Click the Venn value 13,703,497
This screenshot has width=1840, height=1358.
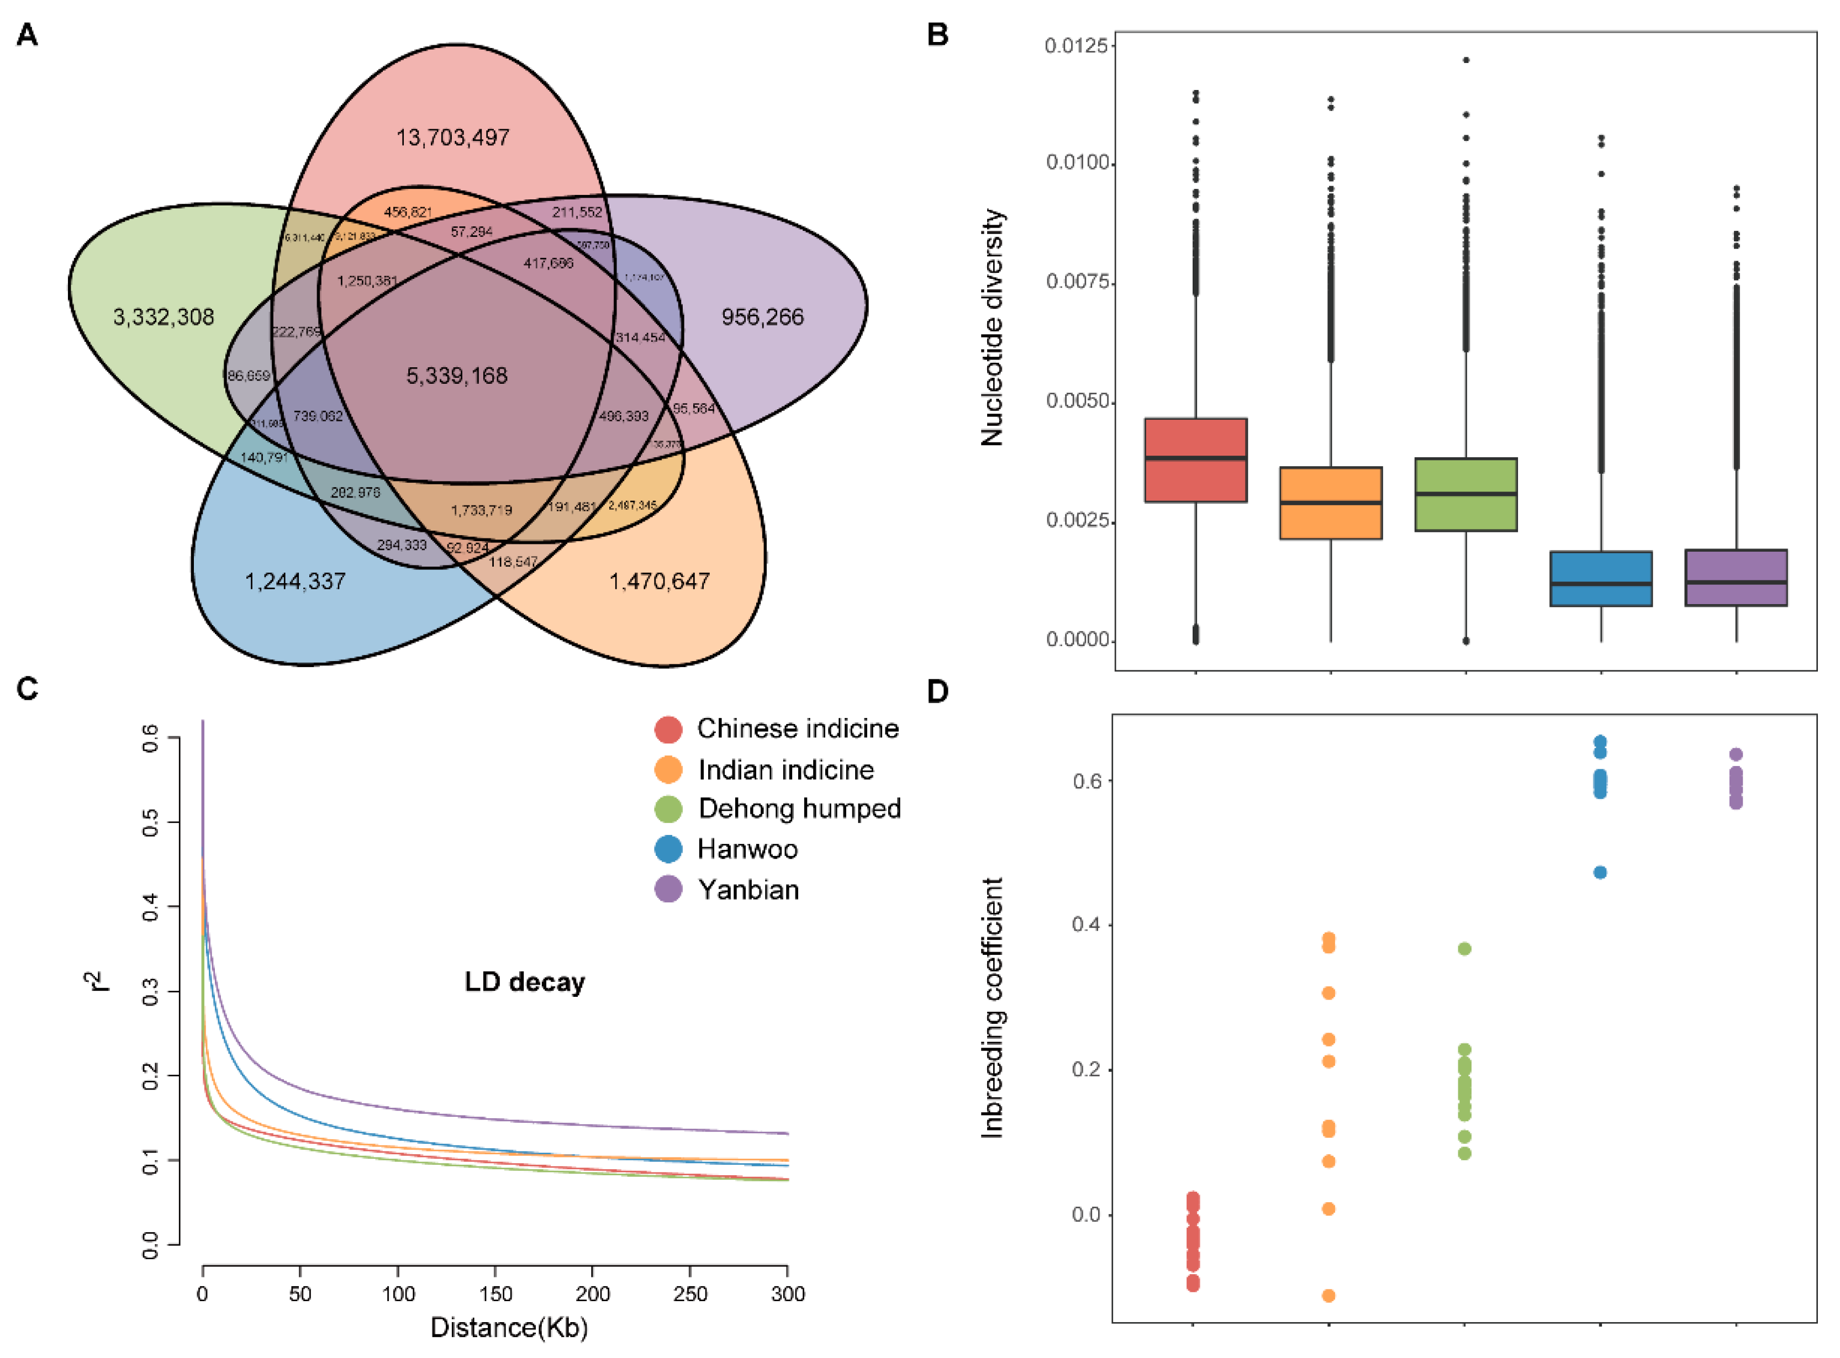[452, 138]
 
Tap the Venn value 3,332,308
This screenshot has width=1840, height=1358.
[164, 318]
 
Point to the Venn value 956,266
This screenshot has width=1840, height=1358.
[762, 318]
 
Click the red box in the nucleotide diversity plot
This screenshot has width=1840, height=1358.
[1195, 461]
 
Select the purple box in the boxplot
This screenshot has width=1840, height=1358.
[1736, 578]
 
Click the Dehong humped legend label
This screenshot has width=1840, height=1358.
[799, 809]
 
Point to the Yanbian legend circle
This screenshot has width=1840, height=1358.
[668, 890]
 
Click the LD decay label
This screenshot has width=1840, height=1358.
[525, 982]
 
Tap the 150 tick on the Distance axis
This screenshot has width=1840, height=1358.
[495, 1294]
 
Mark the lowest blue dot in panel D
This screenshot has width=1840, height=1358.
[1600, 873]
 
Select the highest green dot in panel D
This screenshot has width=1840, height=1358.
[1464, 949]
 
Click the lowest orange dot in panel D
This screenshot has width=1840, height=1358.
[1328, 1296]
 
